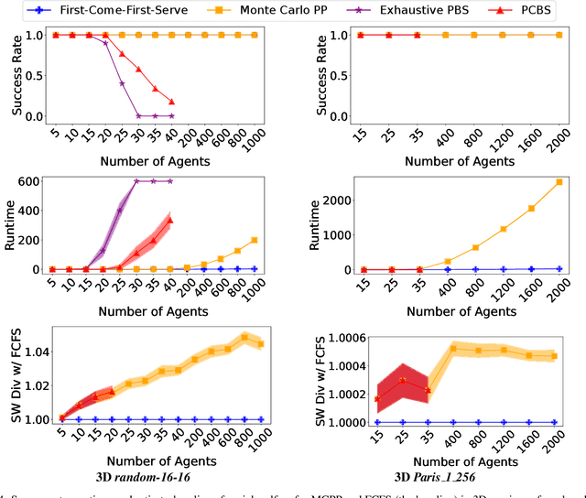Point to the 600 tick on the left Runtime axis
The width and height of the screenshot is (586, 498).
[x=34, y=181]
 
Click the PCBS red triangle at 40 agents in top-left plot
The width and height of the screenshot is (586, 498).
[x=171, y=102]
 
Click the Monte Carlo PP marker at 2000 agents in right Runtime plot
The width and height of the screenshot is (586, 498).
[x=559, y=182]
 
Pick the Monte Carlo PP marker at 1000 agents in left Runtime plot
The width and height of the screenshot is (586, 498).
[x=253, y=240]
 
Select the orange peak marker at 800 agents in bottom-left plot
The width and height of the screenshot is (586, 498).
[x=244, y=337]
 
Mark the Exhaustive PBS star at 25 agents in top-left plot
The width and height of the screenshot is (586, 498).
[x=122, y=83]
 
